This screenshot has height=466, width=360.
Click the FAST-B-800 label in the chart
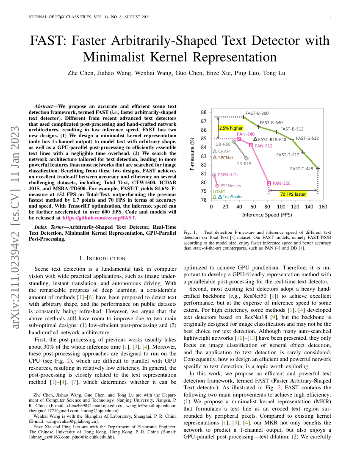(x=257, y=114)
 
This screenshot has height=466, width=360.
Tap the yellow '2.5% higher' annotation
(x=231, y=128)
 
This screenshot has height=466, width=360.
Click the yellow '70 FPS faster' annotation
(x=293, y=194)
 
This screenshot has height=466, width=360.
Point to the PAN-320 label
(x=281, y=183)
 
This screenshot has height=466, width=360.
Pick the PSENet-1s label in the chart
(x=228, y=175)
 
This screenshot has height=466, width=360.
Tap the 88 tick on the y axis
(x=204, y=112)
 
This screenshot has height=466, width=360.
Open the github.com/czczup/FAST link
(x=99, y=217)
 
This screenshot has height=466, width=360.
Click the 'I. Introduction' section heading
(x=102, y=258)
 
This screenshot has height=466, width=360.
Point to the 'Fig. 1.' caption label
(x=190, y=233)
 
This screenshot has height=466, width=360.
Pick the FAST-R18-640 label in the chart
(x=272, y=139)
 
